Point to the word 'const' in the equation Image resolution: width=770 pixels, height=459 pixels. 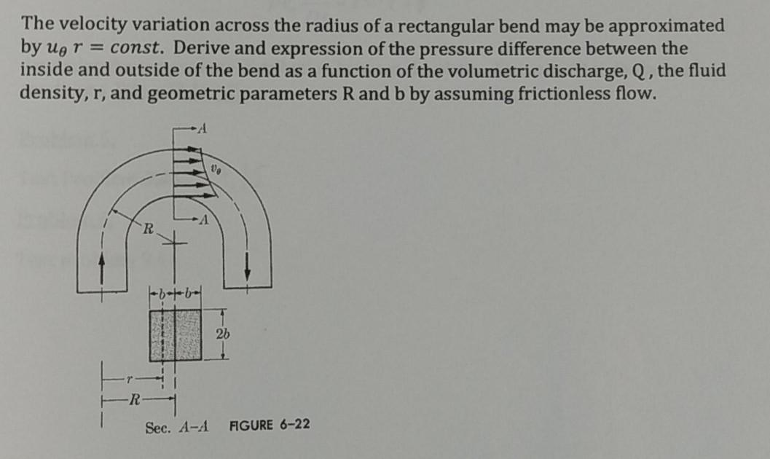point(140,50)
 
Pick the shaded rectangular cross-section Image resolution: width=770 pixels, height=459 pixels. point(175,334)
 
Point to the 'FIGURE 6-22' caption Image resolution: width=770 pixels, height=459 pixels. point(270,424)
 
